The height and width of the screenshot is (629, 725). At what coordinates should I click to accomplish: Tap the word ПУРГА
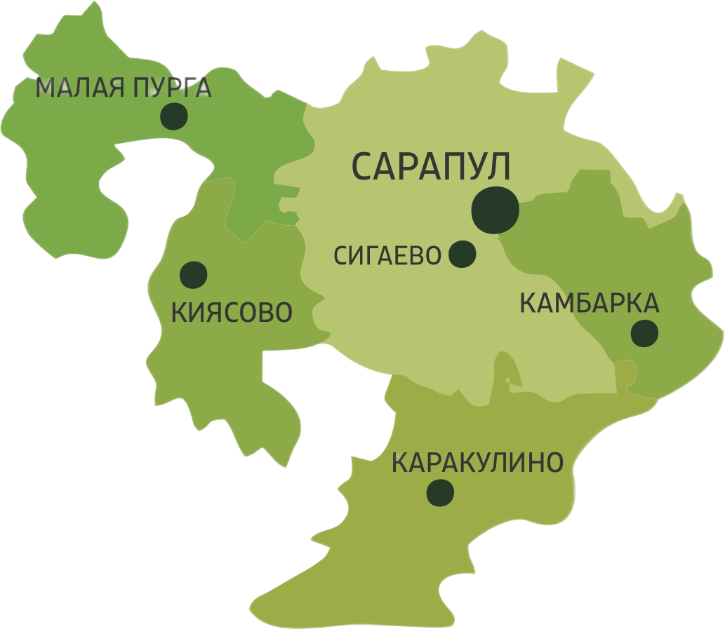[x=169, y=88]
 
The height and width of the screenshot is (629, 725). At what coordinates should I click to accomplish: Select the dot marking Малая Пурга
[x=173, y=116]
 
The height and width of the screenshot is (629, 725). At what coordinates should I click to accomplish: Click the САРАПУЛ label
[x=430, y=167]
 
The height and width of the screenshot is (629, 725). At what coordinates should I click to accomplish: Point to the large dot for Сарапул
[x=495, y=209]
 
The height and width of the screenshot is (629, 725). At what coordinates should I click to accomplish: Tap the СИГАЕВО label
[x=387, y=256]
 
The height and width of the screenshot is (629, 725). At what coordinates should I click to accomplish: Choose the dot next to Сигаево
[x=462, y=254]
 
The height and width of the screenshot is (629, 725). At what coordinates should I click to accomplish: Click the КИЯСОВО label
[x=232, y=313]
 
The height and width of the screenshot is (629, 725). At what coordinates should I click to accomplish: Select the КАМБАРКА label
[x=589, y=304]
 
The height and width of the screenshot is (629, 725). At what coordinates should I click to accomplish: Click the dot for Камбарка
[x=644, y=334]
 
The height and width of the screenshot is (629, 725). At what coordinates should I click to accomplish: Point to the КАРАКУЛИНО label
[x=477, y=463]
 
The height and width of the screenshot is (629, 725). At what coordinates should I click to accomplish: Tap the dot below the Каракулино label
[x=440, y=493]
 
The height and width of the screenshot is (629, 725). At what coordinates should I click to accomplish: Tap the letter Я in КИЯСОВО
[x=210, y=313]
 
